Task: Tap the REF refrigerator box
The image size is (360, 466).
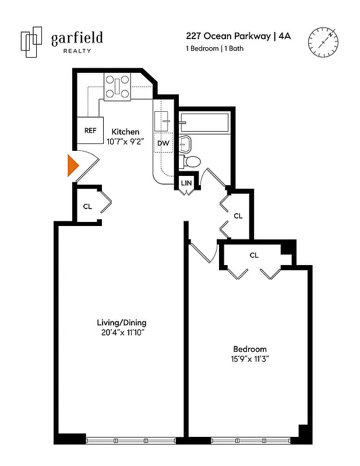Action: pyautogui.click(x=90, y=131)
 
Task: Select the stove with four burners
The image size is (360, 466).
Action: pyautogui.click(x=119, y=87)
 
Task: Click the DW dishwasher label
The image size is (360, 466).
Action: pyautogui.click(x=163, y=143)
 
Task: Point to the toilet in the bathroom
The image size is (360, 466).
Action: pyautogui.click(x=190, y=161)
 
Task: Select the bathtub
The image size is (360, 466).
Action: pyautogui.click(x=204, y=123)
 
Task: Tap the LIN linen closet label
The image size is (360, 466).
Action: pyautogui.click(x=186, y=183)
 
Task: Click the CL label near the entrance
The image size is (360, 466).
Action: pyautogui.click(x=87, y=206)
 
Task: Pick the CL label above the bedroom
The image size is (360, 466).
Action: pyautogui.click(x=254, y=255)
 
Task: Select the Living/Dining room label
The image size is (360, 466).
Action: pyautogui.click(x=121, y=323)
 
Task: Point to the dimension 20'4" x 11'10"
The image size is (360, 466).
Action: pyautogui.click(x=121, y=333)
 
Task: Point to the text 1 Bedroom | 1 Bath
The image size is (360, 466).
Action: pyautogui.click(x=215, y=48)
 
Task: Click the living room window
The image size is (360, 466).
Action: pyautogui.click(x=131, y=440)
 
